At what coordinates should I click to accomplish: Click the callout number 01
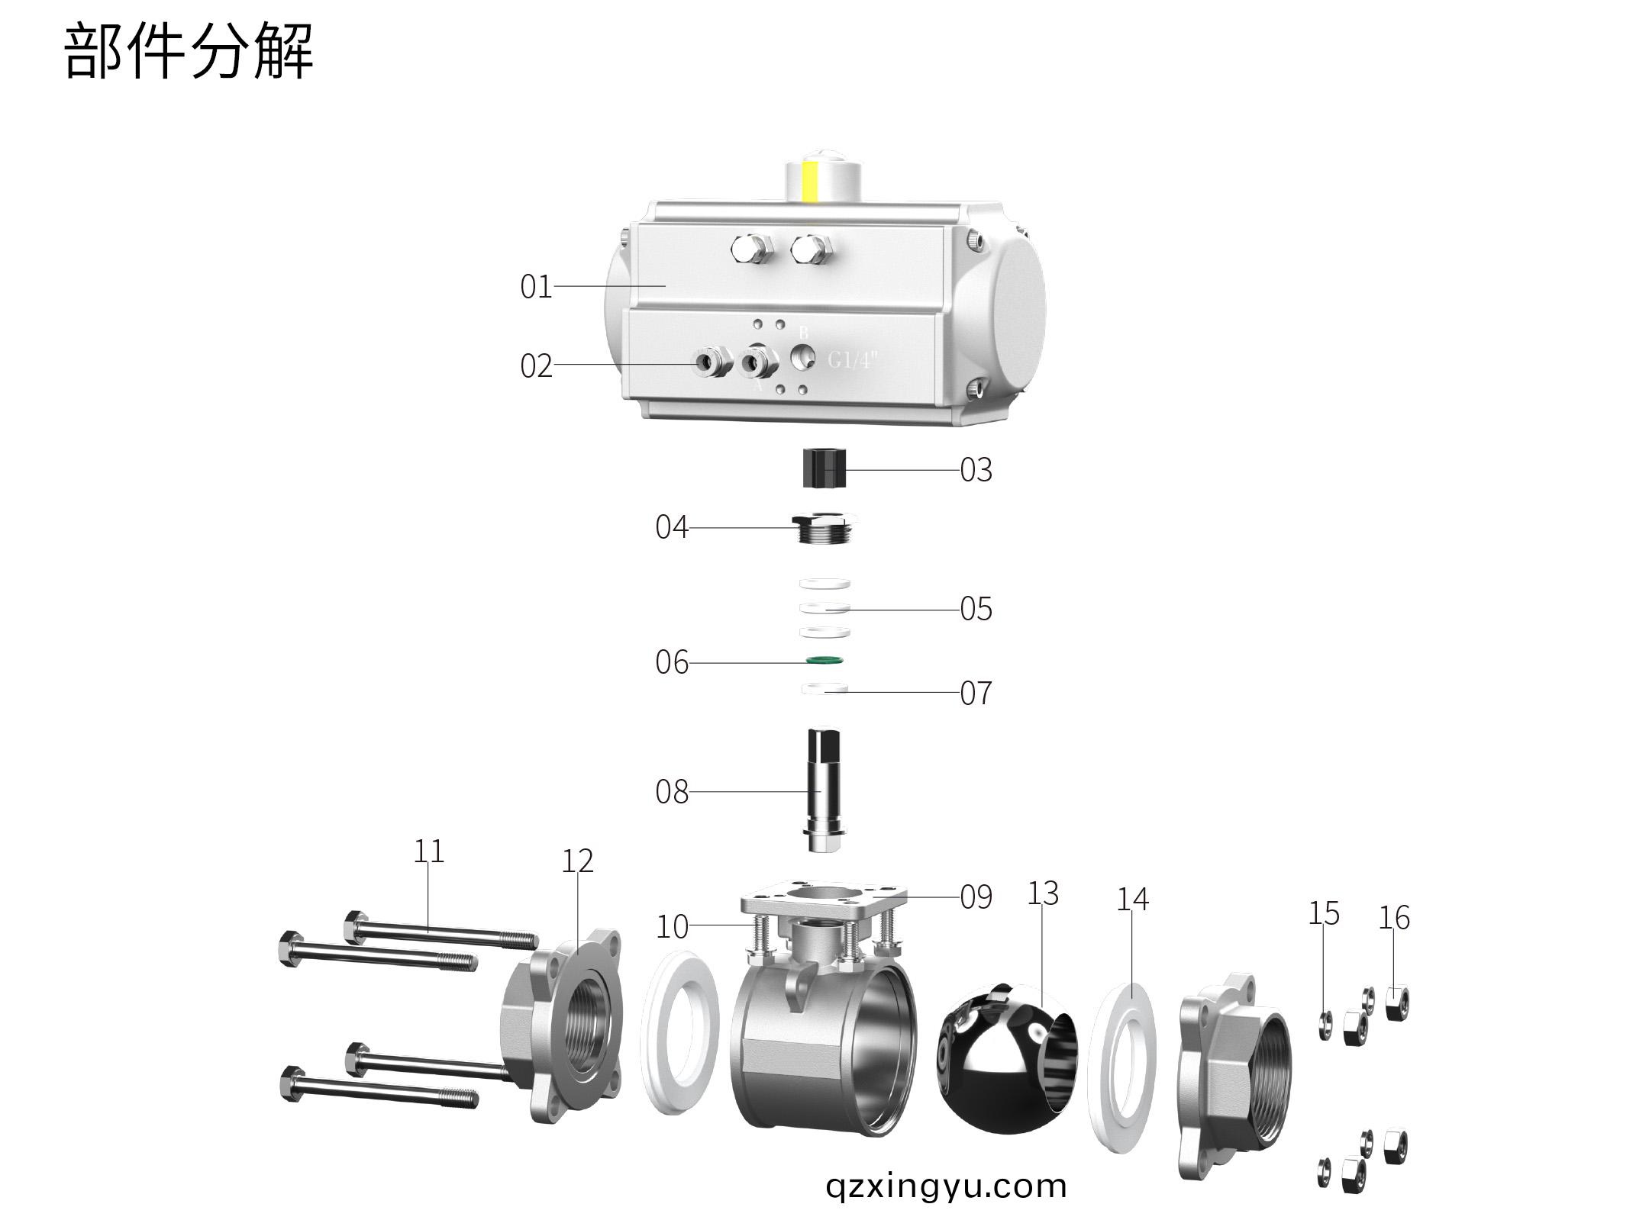535,287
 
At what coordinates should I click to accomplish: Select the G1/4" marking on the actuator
853,359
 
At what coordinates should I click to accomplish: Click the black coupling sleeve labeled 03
824,468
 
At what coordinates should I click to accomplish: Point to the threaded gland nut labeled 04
823,528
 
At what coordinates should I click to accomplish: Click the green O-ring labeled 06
824,659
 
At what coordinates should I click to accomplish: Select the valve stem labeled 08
824,790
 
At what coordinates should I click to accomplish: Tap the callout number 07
976,694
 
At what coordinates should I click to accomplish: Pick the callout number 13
1043,893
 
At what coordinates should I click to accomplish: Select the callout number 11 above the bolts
428,851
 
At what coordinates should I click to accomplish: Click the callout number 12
577,861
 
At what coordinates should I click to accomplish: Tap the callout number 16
1393,918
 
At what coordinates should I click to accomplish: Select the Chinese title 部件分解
188,51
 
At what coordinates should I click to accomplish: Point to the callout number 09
976,898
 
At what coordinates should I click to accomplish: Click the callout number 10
672,927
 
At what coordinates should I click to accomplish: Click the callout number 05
976,610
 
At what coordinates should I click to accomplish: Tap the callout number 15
1323,913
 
